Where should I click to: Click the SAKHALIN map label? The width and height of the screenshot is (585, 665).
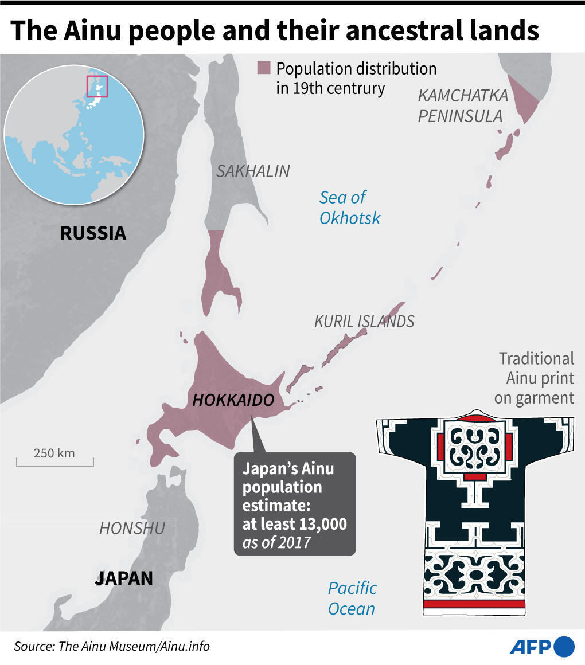pyautogui.click(x=253, y=171)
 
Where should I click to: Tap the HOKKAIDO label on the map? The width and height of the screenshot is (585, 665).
pyautogui.click(x=233, y=400)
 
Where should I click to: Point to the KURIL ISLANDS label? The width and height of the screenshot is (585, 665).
pyautogui.click(x=364, y=322)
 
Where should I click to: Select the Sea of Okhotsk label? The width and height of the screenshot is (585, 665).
pyautogui.click(x=349, y=208)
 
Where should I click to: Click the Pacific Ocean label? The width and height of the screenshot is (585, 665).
pyautogui.click(x=352, y=598)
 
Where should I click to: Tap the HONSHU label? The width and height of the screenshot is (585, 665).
pyautogui.click(x=132, y=528)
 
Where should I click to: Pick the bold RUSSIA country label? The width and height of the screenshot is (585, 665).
pyautogui.click(x=93, y=233)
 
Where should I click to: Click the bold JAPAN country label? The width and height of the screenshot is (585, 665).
pyautogui.click(x=124, y=578)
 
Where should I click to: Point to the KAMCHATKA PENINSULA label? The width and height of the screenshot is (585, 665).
pyautogui.click(x=463, y=105)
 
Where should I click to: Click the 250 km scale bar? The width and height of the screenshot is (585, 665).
pyautogui.click(x=54, y=459)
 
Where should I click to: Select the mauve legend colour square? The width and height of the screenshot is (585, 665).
pyautogui.click(x=263, y=68)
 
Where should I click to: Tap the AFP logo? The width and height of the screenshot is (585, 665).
pyautogui.click(x=541, y=646)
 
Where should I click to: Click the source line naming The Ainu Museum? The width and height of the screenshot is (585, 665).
pyautogui.click(x=112, y=647)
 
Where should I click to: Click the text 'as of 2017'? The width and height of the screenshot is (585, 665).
pyautogui.click(x=276, y=542)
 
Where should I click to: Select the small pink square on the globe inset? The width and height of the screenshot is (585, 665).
pyautogui.click(x=97, y=86)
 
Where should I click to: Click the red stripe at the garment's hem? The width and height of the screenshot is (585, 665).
pyautogui.click(x=474, y=604)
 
